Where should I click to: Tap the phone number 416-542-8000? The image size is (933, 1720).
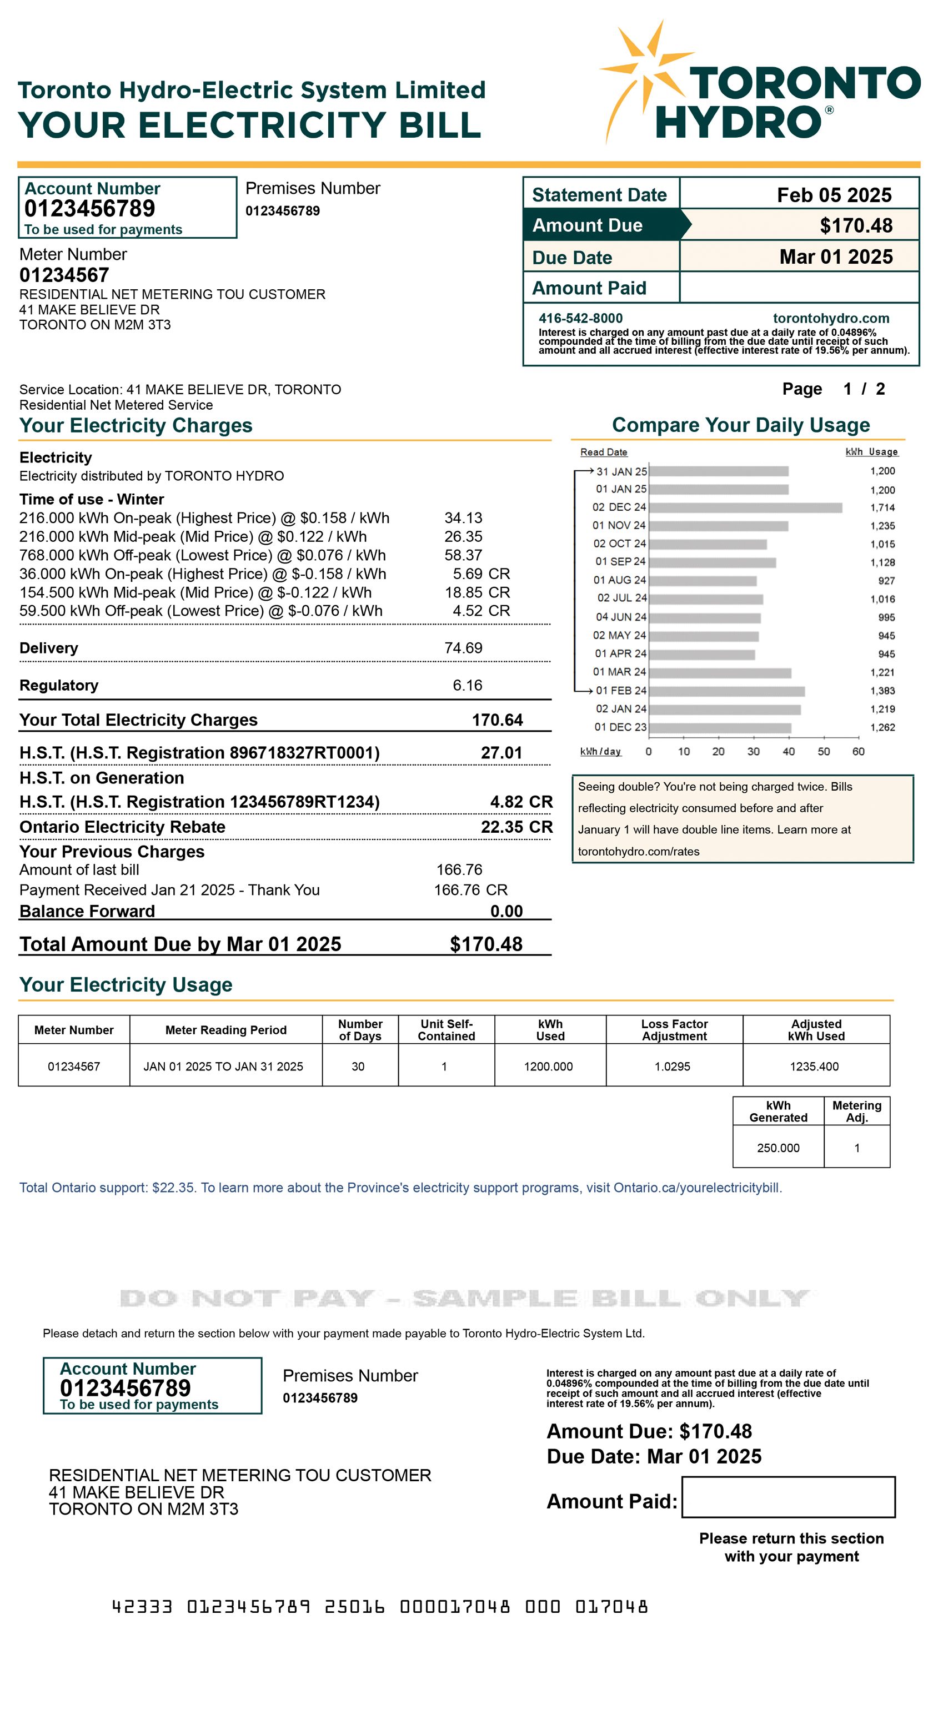point(580,319)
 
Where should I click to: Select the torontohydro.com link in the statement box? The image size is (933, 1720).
point(831,319)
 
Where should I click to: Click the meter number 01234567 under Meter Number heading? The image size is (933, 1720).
point(64,275)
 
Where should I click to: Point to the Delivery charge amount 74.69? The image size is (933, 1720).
point(463,648)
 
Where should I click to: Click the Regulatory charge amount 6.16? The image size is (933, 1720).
point(467,685)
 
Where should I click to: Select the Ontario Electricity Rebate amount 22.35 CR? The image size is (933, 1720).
point(516,827)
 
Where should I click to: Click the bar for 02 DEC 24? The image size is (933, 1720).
point(745,507)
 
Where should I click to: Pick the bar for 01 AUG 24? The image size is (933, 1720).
point(703,581)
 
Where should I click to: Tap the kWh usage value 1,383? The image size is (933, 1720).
point(882,691)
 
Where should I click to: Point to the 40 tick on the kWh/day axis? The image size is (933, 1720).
point(789,752)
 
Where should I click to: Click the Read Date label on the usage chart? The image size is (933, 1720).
point(604,452)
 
